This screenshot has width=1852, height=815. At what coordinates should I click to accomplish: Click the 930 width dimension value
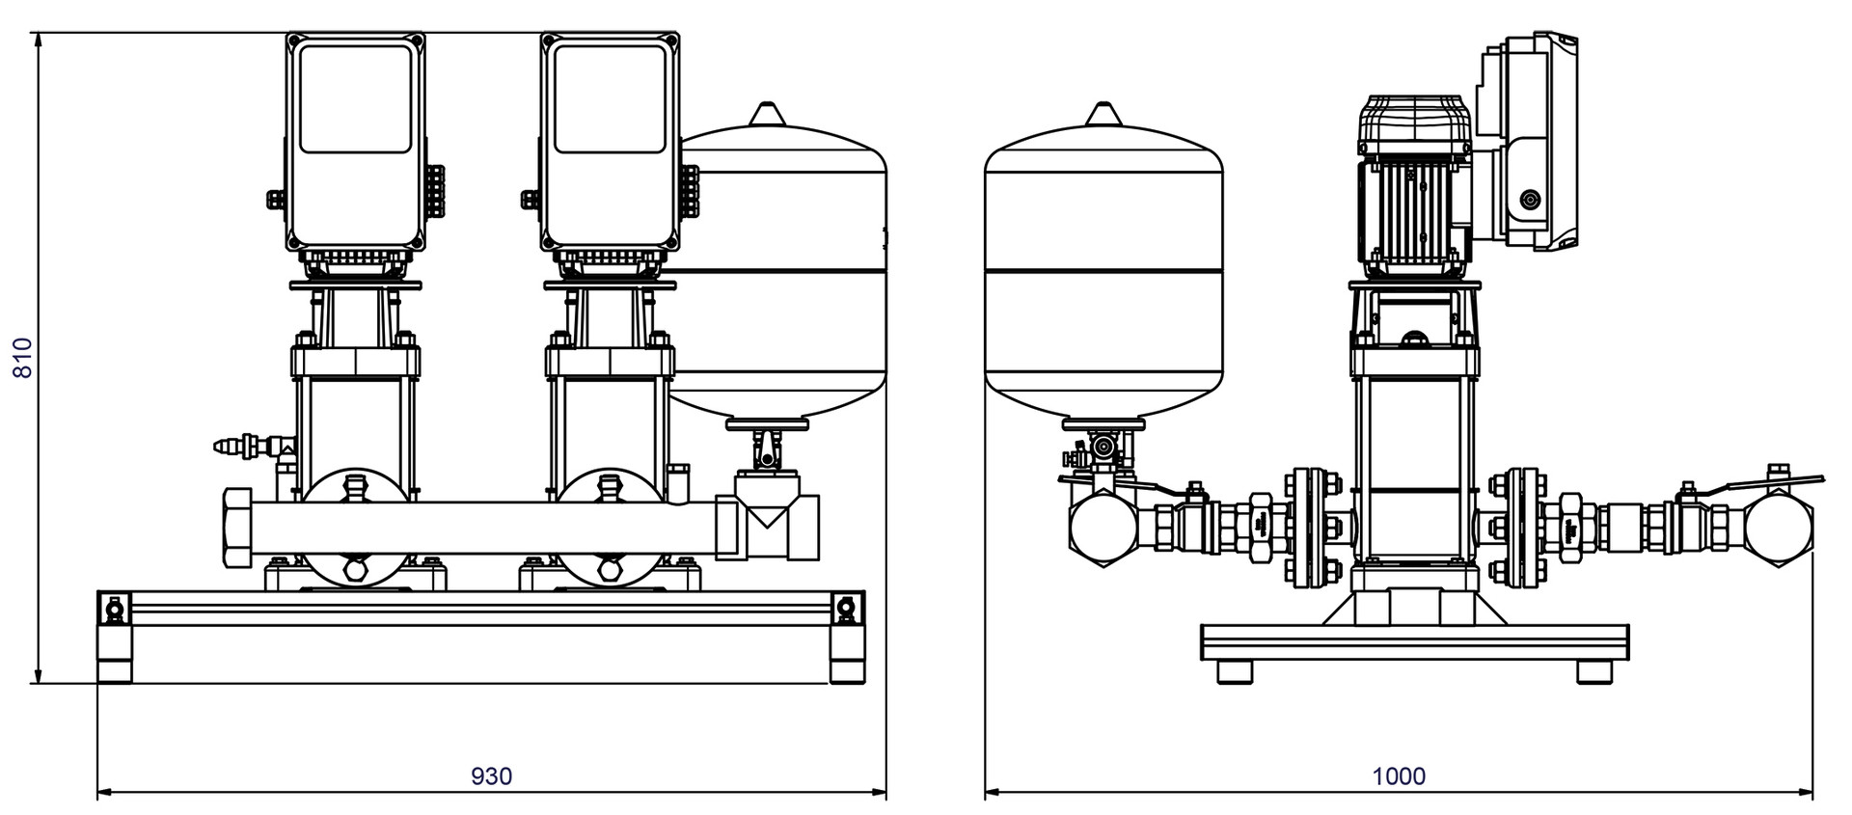click(x=491, y=775)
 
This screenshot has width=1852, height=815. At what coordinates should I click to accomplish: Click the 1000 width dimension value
click(x=1399, y=775)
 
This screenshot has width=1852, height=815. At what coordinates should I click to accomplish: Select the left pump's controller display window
click(x=355, y=98)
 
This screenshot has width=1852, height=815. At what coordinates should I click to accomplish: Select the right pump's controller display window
click(x=611, y=98)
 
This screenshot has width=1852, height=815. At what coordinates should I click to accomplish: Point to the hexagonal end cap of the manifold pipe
click(x=237, y=529)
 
